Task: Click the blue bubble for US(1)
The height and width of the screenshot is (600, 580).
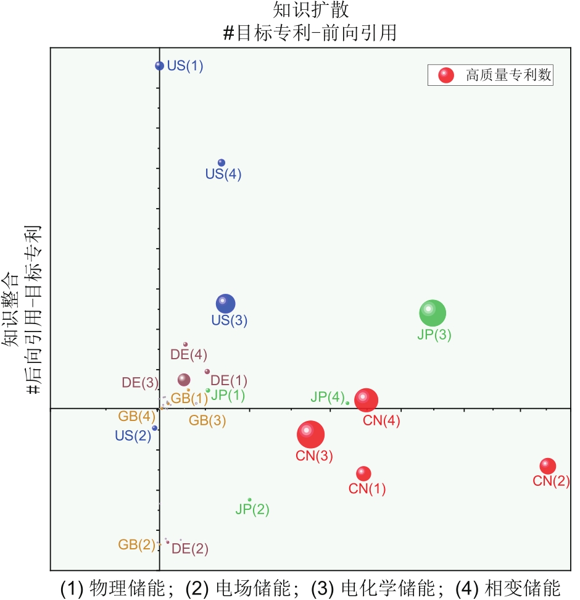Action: [x=159, y=65]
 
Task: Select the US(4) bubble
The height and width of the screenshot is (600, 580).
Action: [x=222, y=163]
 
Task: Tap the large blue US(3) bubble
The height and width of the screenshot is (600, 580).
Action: [x=226, y=303]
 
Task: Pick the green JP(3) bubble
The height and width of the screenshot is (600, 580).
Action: [x=432, y=313]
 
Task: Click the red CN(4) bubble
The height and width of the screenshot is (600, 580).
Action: [x=366, y=400]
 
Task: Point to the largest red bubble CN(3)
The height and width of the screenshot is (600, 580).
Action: [x=310, y=435]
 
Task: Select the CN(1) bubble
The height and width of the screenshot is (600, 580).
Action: [x=363, y=473]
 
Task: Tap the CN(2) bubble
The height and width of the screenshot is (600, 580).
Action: [x=547, y=466]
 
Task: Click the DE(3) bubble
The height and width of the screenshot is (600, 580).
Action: [x=184, y=380]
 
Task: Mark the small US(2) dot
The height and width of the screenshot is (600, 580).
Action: [x=155, y=428]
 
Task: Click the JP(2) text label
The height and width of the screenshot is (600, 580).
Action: [x=252, y=510]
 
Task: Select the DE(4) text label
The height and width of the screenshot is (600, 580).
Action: [x=189, y=354]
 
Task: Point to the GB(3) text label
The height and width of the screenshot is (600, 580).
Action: [x=207, y=421]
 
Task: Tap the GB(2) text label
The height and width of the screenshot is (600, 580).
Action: [x=137, y=544]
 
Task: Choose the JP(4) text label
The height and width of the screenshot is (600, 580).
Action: [x=328, y=397]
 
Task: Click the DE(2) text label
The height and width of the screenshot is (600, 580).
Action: [x=190, y=548]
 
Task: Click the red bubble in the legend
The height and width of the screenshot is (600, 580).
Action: [x=445, y=75]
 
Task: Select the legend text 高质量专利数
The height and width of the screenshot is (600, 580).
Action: [x=508, y=75]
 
